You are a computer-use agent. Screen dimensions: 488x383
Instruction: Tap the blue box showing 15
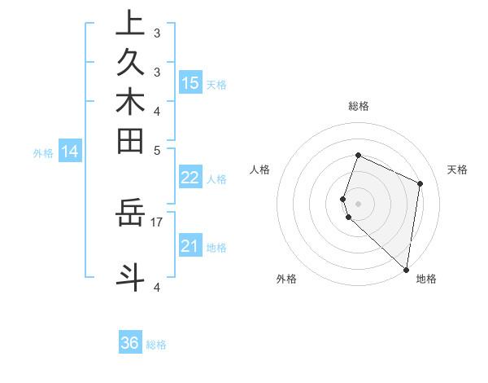190,82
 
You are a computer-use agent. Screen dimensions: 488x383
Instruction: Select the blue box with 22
190,178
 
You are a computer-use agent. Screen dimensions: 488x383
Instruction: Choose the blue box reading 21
190,246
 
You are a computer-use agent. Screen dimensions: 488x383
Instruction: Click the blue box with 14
71,151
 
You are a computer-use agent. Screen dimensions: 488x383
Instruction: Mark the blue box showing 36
130,343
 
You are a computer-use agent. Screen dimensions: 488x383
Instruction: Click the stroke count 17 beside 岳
157,220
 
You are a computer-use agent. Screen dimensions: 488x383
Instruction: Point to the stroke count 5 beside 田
157,150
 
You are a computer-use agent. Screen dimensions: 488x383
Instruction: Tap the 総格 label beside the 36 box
156,345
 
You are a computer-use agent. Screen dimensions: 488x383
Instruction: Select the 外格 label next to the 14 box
43,152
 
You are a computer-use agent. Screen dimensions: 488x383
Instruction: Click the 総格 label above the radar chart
359,106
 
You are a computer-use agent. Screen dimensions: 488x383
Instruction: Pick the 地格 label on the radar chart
426,280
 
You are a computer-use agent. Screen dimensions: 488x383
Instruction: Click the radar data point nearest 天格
420,183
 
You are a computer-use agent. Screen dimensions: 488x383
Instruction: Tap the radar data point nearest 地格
407,270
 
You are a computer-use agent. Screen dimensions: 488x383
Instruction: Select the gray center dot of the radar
359,203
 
